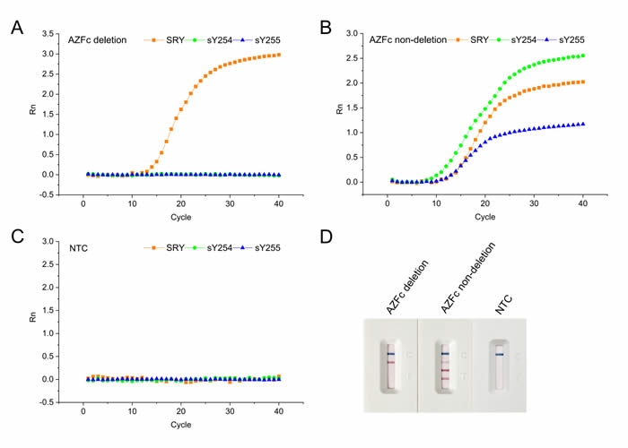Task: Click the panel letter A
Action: [x=16, y=26]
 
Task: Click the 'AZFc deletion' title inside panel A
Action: [x=98, y=39]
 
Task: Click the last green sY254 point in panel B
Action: [x=583, y=56]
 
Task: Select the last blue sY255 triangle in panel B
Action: [x=583, y=124]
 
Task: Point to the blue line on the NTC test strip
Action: [x=499, y=355]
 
